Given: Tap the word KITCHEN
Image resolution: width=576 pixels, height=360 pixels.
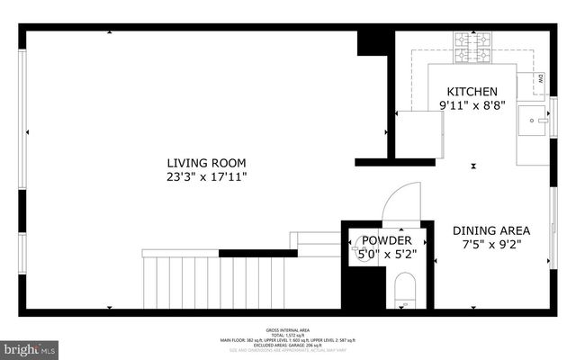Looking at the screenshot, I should click(472, 92).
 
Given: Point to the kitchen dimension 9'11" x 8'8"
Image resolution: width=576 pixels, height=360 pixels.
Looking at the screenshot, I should click(472, 105).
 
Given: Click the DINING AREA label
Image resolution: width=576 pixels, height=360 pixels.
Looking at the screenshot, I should click(490, 229).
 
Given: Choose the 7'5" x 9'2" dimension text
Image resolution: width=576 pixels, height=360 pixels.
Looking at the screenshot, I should click(490, 243).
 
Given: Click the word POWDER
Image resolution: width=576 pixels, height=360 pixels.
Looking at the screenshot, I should click(387, 240).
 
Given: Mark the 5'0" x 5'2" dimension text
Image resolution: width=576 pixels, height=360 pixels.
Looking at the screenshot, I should click(387, 255).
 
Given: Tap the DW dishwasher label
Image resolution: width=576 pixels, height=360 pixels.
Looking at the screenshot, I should click(541, 78).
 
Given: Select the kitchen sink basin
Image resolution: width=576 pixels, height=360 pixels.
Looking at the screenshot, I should click(534, 118).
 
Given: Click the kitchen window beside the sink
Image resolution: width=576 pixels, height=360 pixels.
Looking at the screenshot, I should click(553, 118).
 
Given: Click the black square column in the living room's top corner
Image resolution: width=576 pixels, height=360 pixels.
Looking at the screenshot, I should click(371, 42).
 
